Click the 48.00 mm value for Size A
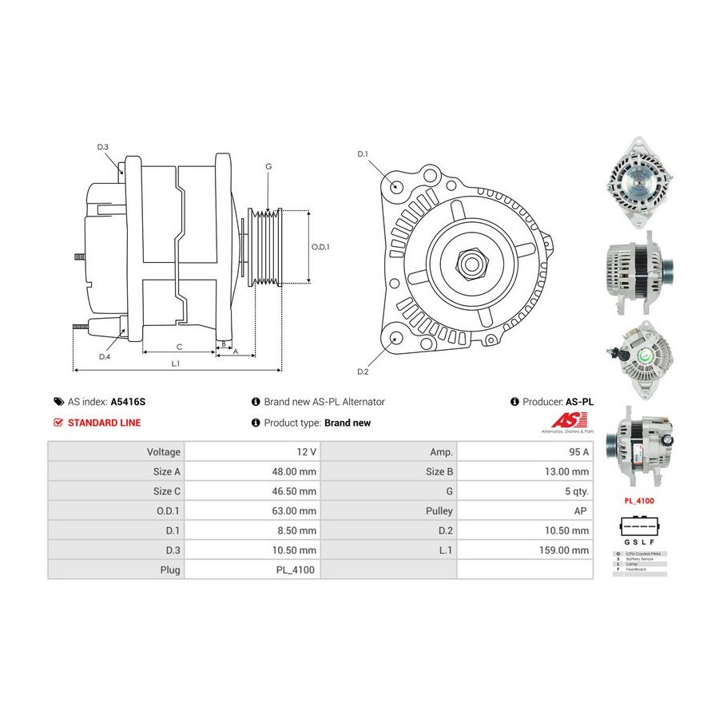(294, 471)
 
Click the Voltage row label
(163, 451)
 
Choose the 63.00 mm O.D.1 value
(294, 510)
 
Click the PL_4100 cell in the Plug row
(297, 570)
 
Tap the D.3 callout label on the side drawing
(103, 147)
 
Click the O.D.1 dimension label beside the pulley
(320, 247)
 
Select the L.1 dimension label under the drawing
(176, 363)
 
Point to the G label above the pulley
(268, 166)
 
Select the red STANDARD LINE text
(104, 423)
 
